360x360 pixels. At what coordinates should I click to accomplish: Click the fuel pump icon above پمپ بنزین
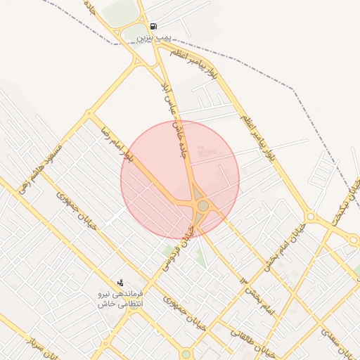click(x=153, y=26)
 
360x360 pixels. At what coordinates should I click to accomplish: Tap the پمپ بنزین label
click(x=153, y=35)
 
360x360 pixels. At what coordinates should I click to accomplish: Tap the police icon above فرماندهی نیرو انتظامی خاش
click(x=120, y=282)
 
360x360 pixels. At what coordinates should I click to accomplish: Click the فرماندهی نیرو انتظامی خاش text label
click(x=122, y=297)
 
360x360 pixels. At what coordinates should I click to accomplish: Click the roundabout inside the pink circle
click(x=203, y=205)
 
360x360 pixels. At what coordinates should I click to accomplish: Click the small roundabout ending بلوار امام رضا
click(x=89, y=112)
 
